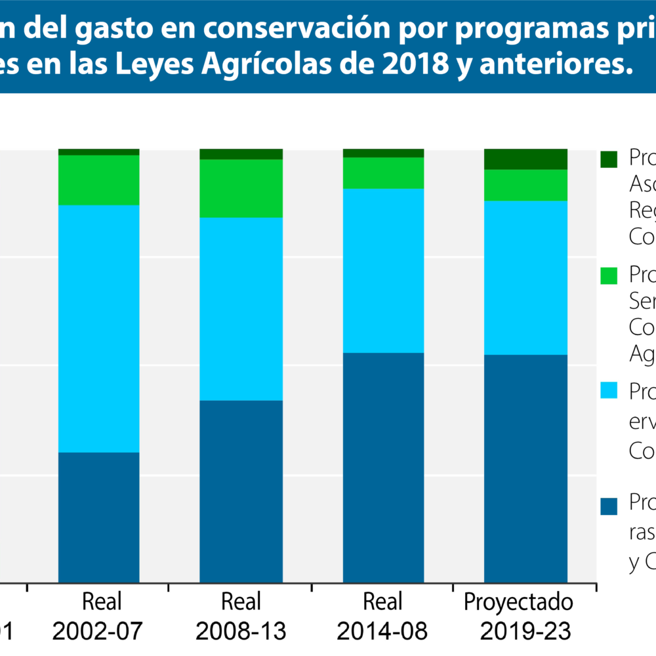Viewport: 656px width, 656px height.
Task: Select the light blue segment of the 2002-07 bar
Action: [99, 328]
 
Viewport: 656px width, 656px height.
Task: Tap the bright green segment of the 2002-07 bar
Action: [99, 180]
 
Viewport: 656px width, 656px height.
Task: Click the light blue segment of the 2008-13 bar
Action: [241, 308]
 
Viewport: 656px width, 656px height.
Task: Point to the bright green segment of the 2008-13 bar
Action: [241, 188]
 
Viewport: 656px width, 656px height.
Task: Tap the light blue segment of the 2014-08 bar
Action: [383, 270]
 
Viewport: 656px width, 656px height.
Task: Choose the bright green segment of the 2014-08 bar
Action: [383, 173]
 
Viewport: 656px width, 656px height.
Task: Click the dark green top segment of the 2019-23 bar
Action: [525, 159]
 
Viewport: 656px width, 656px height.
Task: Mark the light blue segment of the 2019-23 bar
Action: [525, 277]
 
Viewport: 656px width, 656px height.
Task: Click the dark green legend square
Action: [609, 159]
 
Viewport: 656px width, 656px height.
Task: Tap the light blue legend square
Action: [609, 390]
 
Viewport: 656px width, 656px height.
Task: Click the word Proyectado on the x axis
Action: [518, 602]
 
